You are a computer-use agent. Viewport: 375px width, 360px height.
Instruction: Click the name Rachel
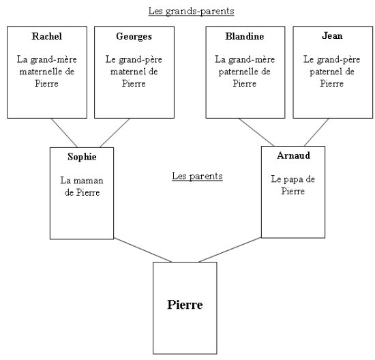coord(47,36)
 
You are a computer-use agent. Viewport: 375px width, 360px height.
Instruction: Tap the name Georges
coord(134,37)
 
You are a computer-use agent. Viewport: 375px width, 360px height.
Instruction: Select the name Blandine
coord(245,36)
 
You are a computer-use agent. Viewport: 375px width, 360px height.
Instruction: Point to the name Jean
coord(332,35)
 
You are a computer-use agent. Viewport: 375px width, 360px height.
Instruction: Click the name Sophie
coord(82,157)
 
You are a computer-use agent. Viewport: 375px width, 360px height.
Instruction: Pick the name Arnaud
coord(293,155)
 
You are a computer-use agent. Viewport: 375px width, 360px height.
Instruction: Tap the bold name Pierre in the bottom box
coord(185,305)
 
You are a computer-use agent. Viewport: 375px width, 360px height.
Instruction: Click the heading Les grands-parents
coord(192,11)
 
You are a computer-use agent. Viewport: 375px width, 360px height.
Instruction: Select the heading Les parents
coord(197,177)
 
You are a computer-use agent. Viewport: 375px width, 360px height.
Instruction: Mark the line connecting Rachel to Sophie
coord(64,133)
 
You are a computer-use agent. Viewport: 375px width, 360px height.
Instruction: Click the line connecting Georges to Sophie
coord(115,133)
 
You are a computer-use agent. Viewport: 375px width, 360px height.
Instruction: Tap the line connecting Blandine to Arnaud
coord(256,132)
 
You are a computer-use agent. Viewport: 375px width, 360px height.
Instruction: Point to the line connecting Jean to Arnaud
coord(316,132)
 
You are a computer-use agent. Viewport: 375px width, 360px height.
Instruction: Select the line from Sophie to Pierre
coord(142,250)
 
